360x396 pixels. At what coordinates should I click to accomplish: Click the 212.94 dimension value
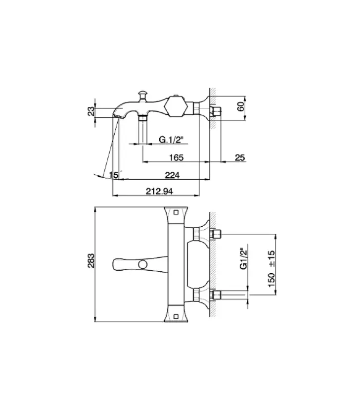[159, 191]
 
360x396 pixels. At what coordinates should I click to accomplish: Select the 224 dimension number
[172, 175]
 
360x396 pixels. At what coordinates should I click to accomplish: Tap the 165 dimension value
[176, 157]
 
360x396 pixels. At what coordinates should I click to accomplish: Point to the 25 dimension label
[240, 157]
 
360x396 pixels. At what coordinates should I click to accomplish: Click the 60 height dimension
[241, 106]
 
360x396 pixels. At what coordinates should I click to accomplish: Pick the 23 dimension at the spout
[91, 111]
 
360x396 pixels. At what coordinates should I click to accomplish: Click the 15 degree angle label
[114, 175]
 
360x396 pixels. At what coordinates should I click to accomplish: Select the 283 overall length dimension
[91, 261]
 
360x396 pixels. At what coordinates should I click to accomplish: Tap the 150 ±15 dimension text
[271, 268]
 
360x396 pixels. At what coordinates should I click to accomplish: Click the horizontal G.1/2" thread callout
[171, 140]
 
